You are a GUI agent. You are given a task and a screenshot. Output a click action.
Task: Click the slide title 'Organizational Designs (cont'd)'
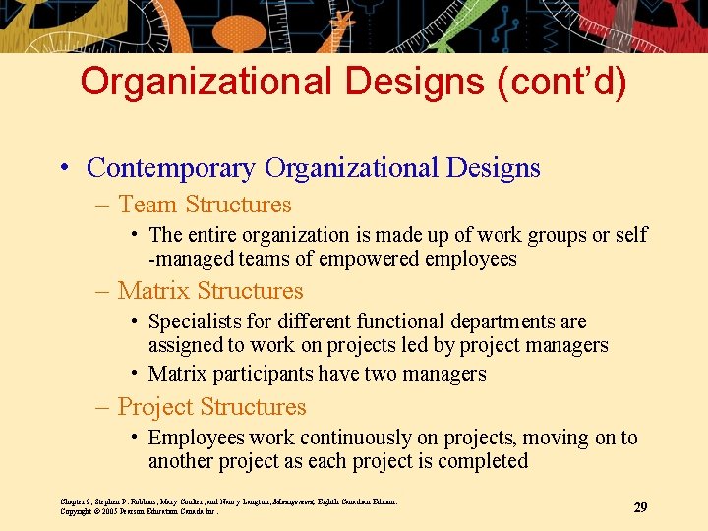tap(353, 82)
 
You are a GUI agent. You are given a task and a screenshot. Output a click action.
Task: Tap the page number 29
tap(640, 507)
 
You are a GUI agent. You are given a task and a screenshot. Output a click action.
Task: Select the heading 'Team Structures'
tap(205, 205)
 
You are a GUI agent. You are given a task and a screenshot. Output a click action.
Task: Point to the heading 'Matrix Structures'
tap(210, 291)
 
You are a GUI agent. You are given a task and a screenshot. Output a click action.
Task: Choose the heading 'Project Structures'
tap(211, 407)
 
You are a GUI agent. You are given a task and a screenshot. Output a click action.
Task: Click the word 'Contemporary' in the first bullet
tap(172, 168)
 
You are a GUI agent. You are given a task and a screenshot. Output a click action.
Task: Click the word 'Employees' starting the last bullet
tap(196, 438)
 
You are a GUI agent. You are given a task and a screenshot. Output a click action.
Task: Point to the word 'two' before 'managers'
tap(382, 374)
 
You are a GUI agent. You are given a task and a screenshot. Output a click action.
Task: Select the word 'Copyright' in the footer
tap(76, 511)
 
